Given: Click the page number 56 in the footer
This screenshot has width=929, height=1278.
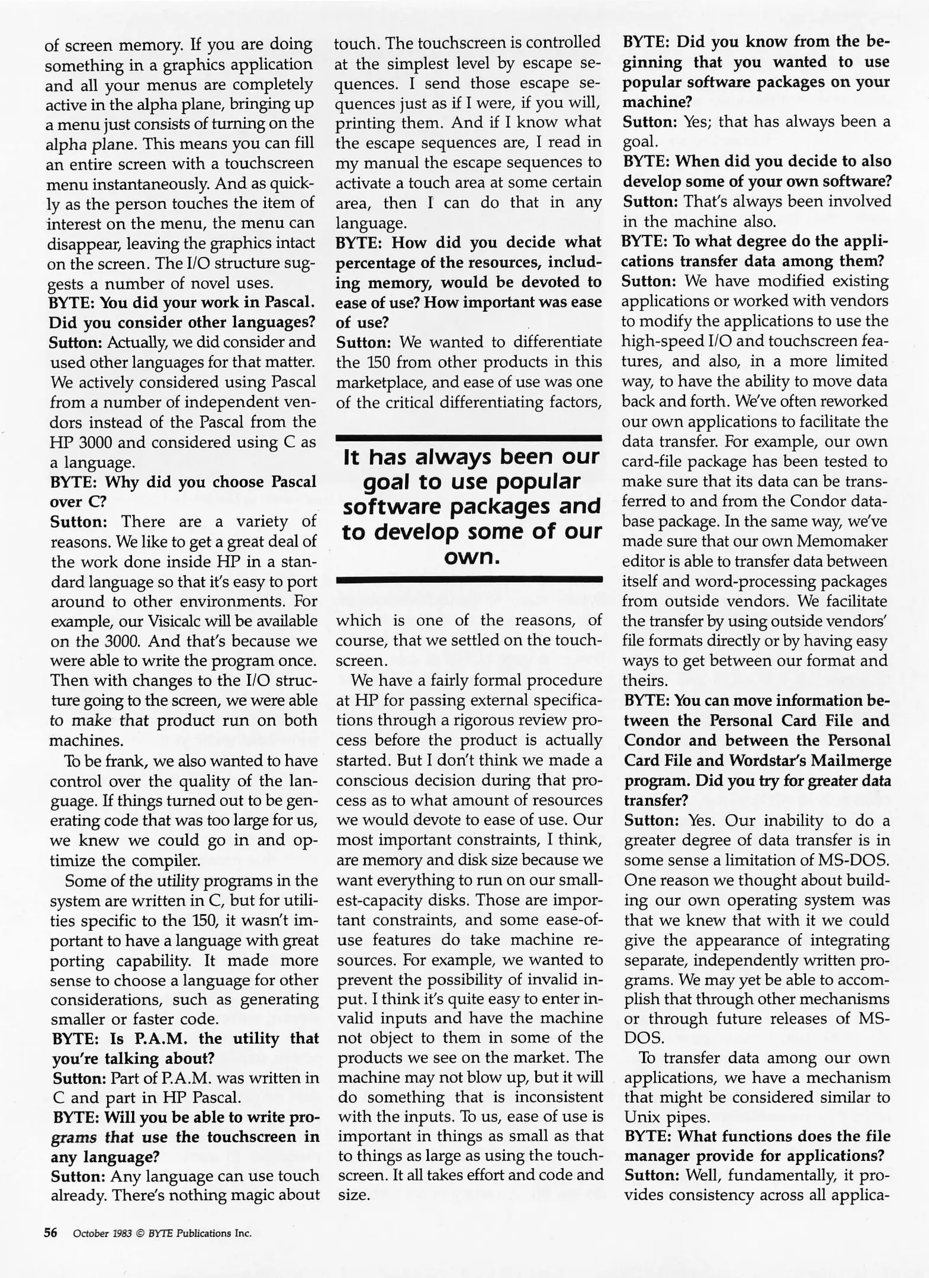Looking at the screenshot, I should pos(51,1233).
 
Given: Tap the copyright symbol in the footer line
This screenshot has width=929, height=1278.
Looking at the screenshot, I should pos(140,1234).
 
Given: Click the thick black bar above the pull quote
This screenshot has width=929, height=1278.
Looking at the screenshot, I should pos(468,438).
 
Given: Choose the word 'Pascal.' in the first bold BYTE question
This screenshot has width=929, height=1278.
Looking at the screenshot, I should pos(289,302).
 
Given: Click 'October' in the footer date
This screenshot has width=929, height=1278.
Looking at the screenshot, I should pos(91,1234).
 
